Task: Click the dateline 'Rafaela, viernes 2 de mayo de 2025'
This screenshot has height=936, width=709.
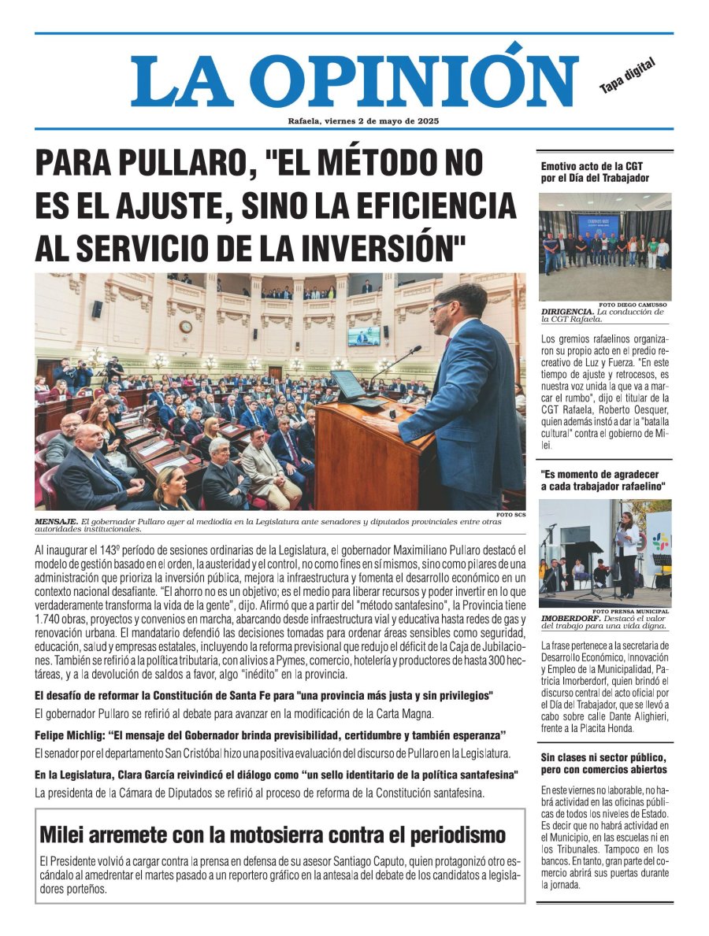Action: [363, 121]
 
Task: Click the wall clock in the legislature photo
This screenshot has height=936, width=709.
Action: [185, 326]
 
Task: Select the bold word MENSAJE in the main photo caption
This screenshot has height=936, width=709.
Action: [56, 522]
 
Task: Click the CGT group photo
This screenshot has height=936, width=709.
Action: [605, 246]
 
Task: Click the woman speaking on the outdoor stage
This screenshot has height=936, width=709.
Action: [627, 551]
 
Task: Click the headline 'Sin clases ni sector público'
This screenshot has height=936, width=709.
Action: [602, 757]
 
